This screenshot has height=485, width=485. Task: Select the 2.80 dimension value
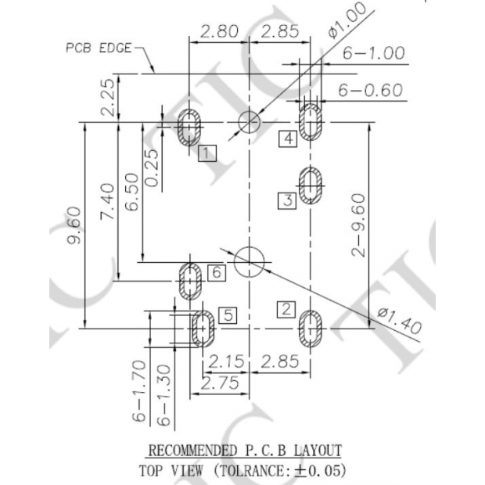tap(218, 32)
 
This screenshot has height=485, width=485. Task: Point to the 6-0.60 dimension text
tap(370, 90)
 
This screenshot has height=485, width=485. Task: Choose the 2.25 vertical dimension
tap(109, 96)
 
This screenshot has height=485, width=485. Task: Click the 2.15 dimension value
tap(225, 362)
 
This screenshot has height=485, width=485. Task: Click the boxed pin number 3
tap(287, 200)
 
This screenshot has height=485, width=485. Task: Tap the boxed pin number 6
tap(217, 271)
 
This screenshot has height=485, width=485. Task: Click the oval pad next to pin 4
tap(311, 121)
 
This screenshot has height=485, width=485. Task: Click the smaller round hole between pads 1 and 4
tap(249, 121)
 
